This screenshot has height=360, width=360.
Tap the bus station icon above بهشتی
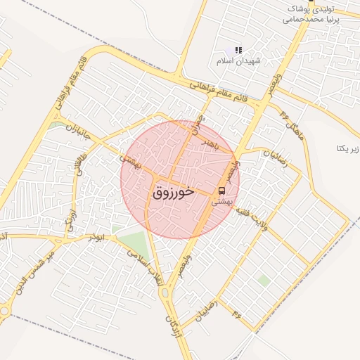(x=222, y=191)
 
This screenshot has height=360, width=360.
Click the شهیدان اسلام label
(x=239, y=61)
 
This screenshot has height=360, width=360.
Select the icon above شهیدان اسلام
(x=238, y=51)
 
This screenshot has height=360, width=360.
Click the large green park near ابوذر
(x=132, y=243)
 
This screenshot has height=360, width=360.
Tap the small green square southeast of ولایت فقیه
(x=264, y=280)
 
